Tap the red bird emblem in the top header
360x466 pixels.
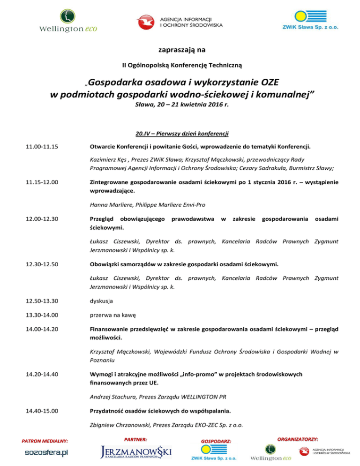click(145, 21)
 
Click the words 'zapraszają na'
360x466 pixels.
click(180, 48)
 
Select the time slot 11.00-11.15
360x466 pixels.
click(42, 147)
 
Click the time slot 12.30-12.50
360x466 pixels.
click(42, 264)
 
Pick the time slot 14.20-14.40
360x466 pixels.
click(42, 374)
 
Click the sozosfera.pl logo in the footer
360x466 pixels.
click(46, 452)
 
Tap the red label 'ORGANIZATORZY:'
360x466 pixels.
click(298, 439)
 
